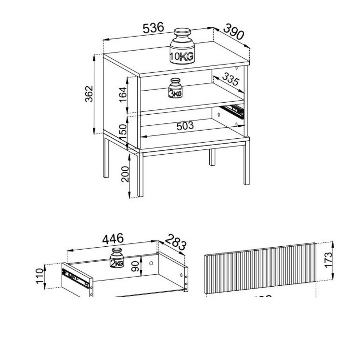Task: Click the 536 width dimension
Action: coord(153,28)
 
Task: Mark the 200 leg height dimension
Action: coord(125,174)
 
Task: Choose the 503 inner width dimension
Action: coord(185,126)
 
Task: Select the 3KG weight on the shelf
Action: coord(175,88)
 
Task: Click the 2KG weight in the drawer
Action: coord(117,258)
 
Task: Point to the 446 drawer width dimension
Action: coord(113,239)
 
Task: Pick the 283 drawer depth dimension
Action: coord(175,242)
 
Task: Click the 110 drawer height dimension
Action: coord(39,276)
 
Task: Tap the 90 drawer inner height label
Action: coord(136,266)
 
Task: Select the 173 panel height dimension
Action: coord(328,260)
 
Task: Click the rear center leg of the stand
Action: coord(212,157)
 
